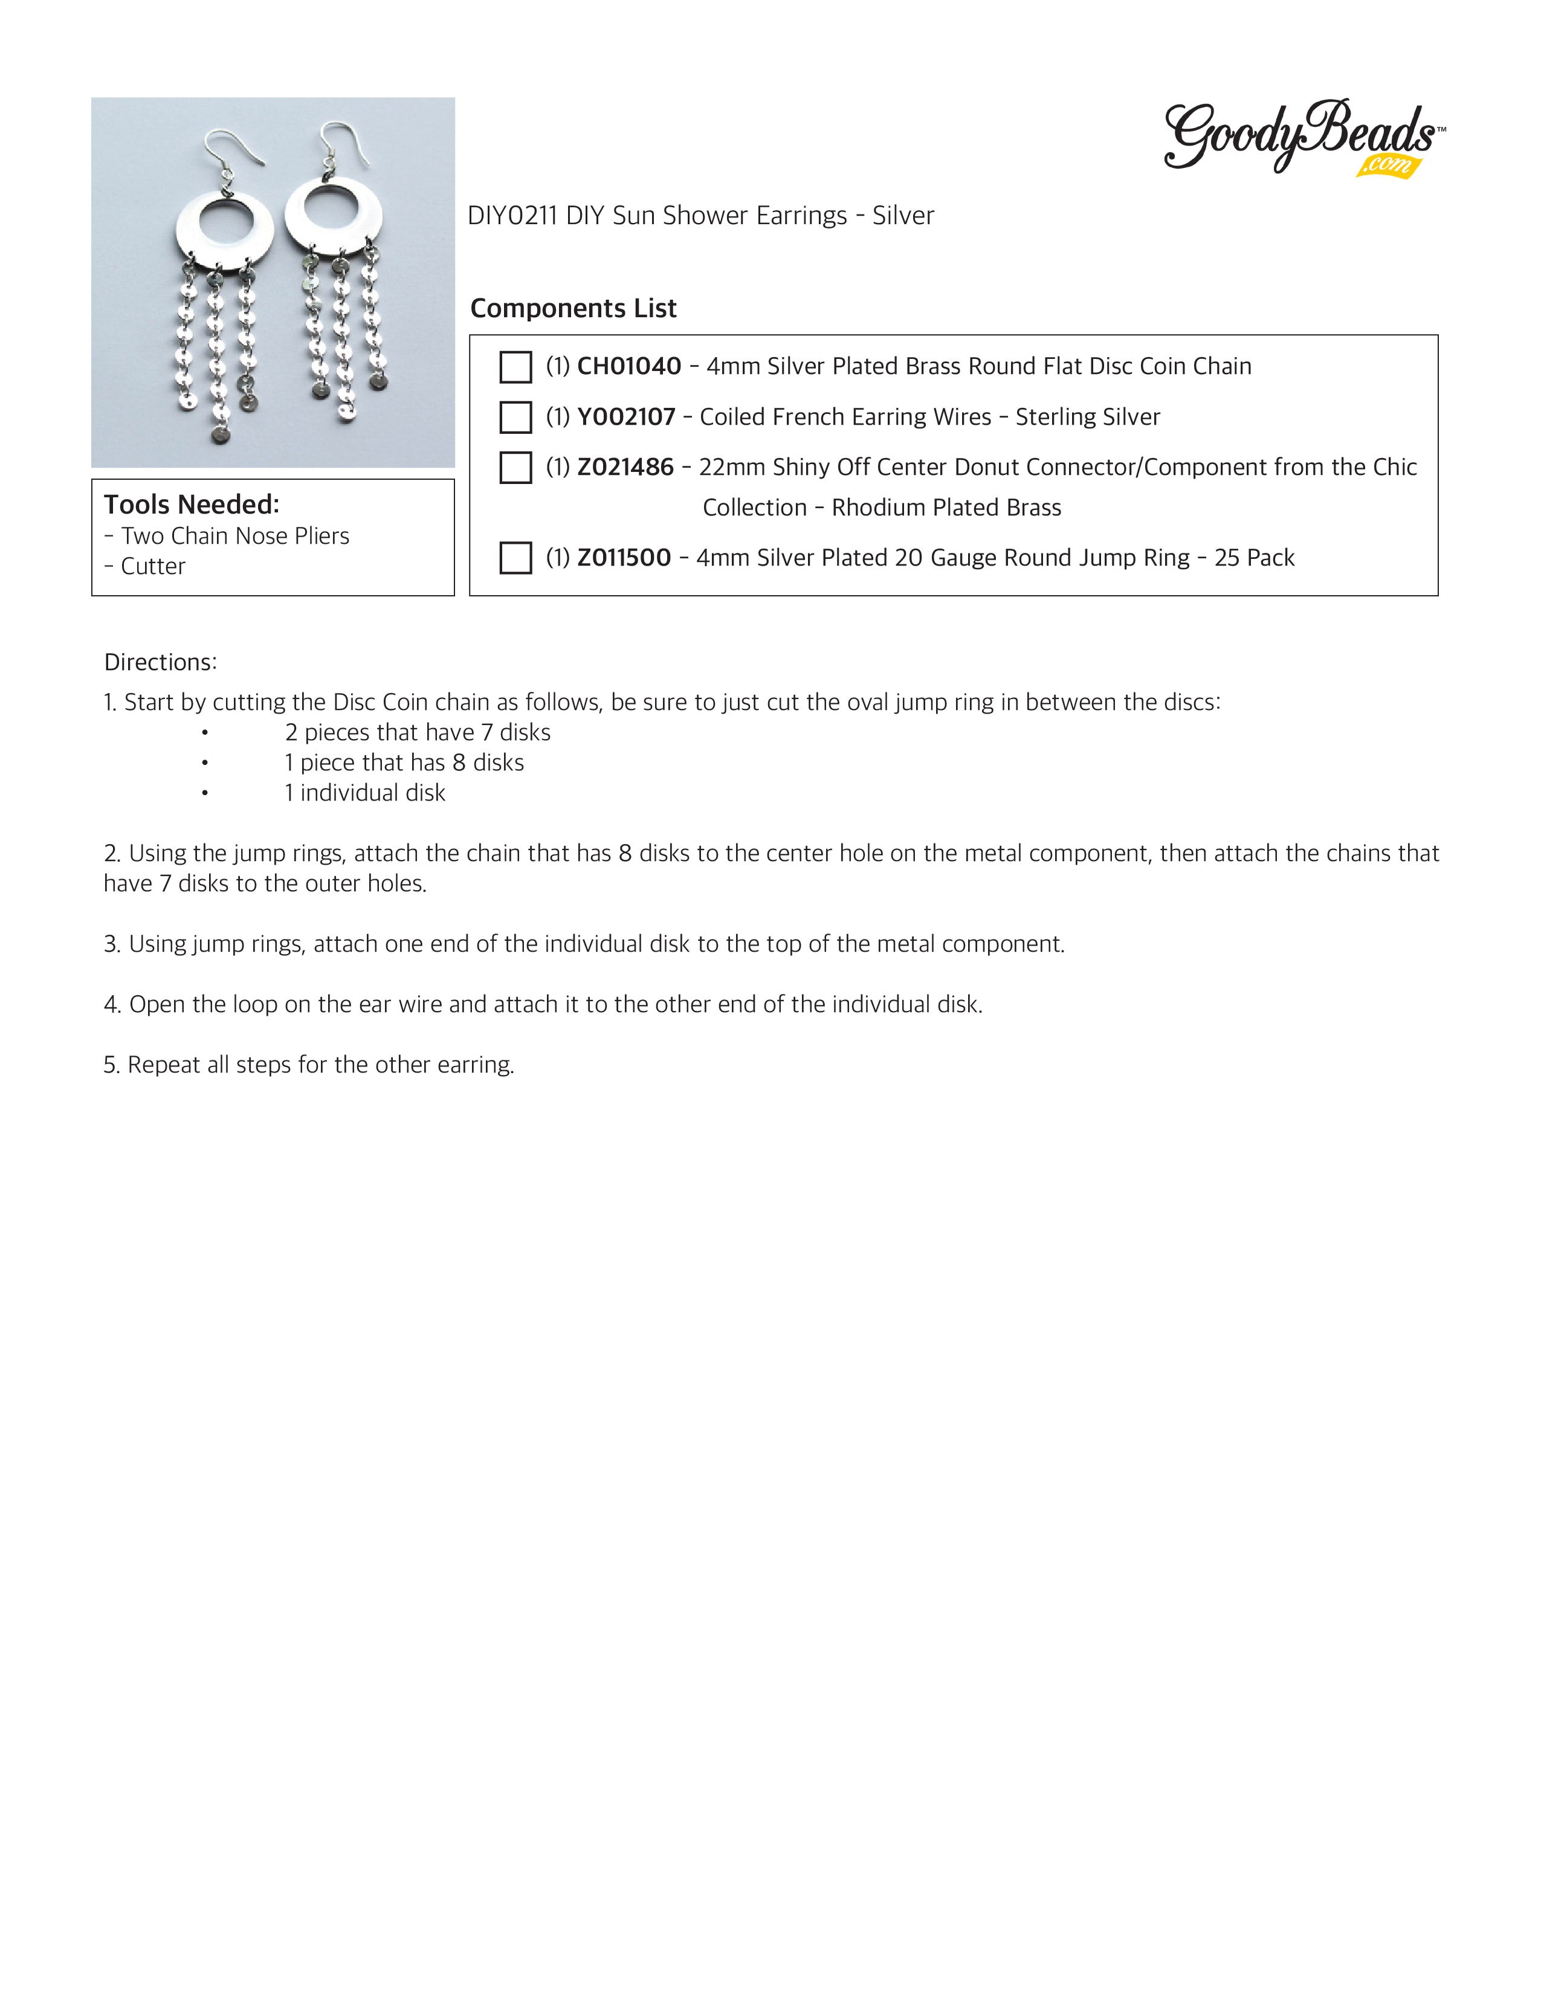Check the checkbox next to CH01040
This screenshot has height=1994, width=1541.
[x=516, y=367]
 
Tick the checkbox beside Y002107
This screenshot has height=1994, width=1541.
[x=516, y=418]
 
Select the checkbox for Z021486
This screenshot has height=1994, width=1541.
[x=516, y=468]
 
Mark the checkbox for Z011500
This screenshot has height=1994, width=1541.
[x=516, y=558]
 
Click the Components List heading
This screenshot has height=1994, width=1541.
[x=573, y=309]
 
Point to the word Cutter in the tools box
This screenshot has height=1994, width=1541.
[x=153, y=567]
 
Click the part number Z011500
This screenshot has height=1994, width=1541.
[x=624, y=558]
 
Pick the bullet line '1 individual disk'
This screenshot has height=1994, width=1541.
[x=365, y=793]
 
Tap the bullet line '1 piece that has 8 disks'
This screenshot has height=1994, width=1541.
[x=404, y=763]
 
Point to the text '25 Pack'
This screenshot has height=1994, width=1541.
[x=1255, y=558]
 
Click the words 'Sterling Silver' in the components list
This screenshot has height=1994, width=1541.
[x=1088, y=418]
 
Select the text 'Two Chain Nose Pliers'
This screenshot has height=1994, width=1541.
[x=236, y=536]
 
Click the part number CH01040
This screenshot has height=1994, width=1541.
[x=629, y=366]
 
